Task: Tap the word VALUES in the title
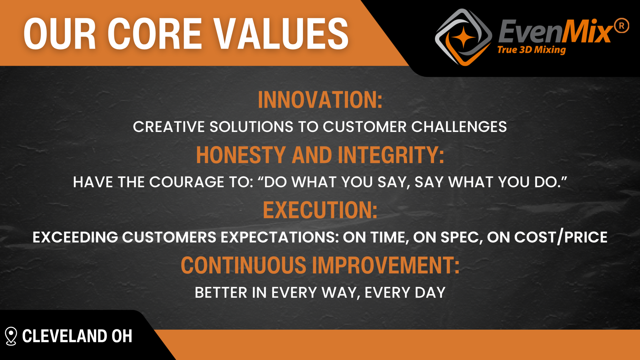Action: tap(281, 34)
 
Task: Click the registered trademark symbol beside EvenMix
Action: tap(621, 26)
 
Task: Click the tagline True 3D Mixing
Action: tap(531, 50)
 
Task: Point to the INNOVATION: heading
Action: tap(320, 100)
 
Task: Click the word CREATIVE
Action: tap(169, 127)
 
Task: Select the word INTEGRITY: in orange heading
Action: tap(391, 155)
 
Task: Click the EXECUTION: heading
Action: tap(320, 210)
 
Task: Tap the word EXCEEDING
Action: tap(75, 237)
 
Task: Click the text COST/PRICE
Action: tap(561, 237)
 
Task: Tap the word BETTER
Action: tap(221, 293)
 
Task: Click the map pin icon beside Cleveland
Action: tap(11, 336)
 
